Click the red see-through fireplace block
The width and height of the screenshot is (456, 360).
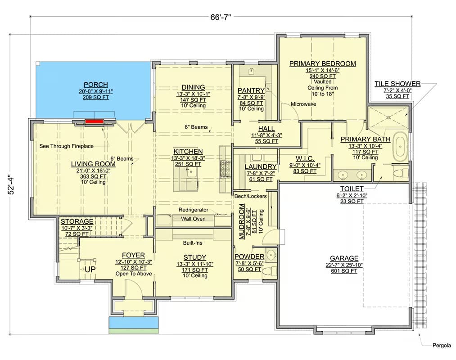[x=94, y=121]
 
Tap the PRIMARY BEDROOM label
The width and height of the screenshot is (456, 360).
[x=322, y=64]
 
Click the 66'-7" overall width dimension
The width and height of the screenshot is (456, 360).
[x=221, y=17]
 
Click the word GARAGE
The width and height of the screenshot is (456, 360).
[x=344, y=258]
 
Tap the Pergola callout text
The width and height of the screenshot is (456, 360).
[x=442, y=346]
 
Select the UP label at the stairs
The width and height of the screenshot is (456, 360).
[x=90, y=269]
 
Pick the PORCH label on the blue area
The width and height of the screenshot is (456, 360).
[x=96, y=85]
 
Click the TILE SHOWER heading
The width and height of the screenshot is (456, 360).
[x=397, y=84]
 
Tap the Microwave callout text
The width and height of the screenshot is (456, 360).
[x=303, y=104]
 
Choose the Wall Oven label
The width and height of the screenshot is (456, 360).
[x=193, y=219]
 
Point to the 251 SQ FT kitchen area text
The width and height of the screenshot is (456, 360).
[x=188, y=164]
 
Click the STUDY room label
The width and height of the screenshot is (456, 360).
[x=195, y=258]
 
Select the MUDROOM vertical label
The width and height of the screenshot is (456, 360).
[x=242, y=221]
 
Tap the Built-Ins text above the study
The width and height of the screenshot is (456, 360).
[x=193, y=243]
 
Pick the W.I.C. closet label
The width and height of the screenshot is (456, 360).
[x=305, y=159]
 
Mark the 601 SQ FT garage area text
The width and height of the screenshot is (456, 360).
[x=344, y=271]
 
